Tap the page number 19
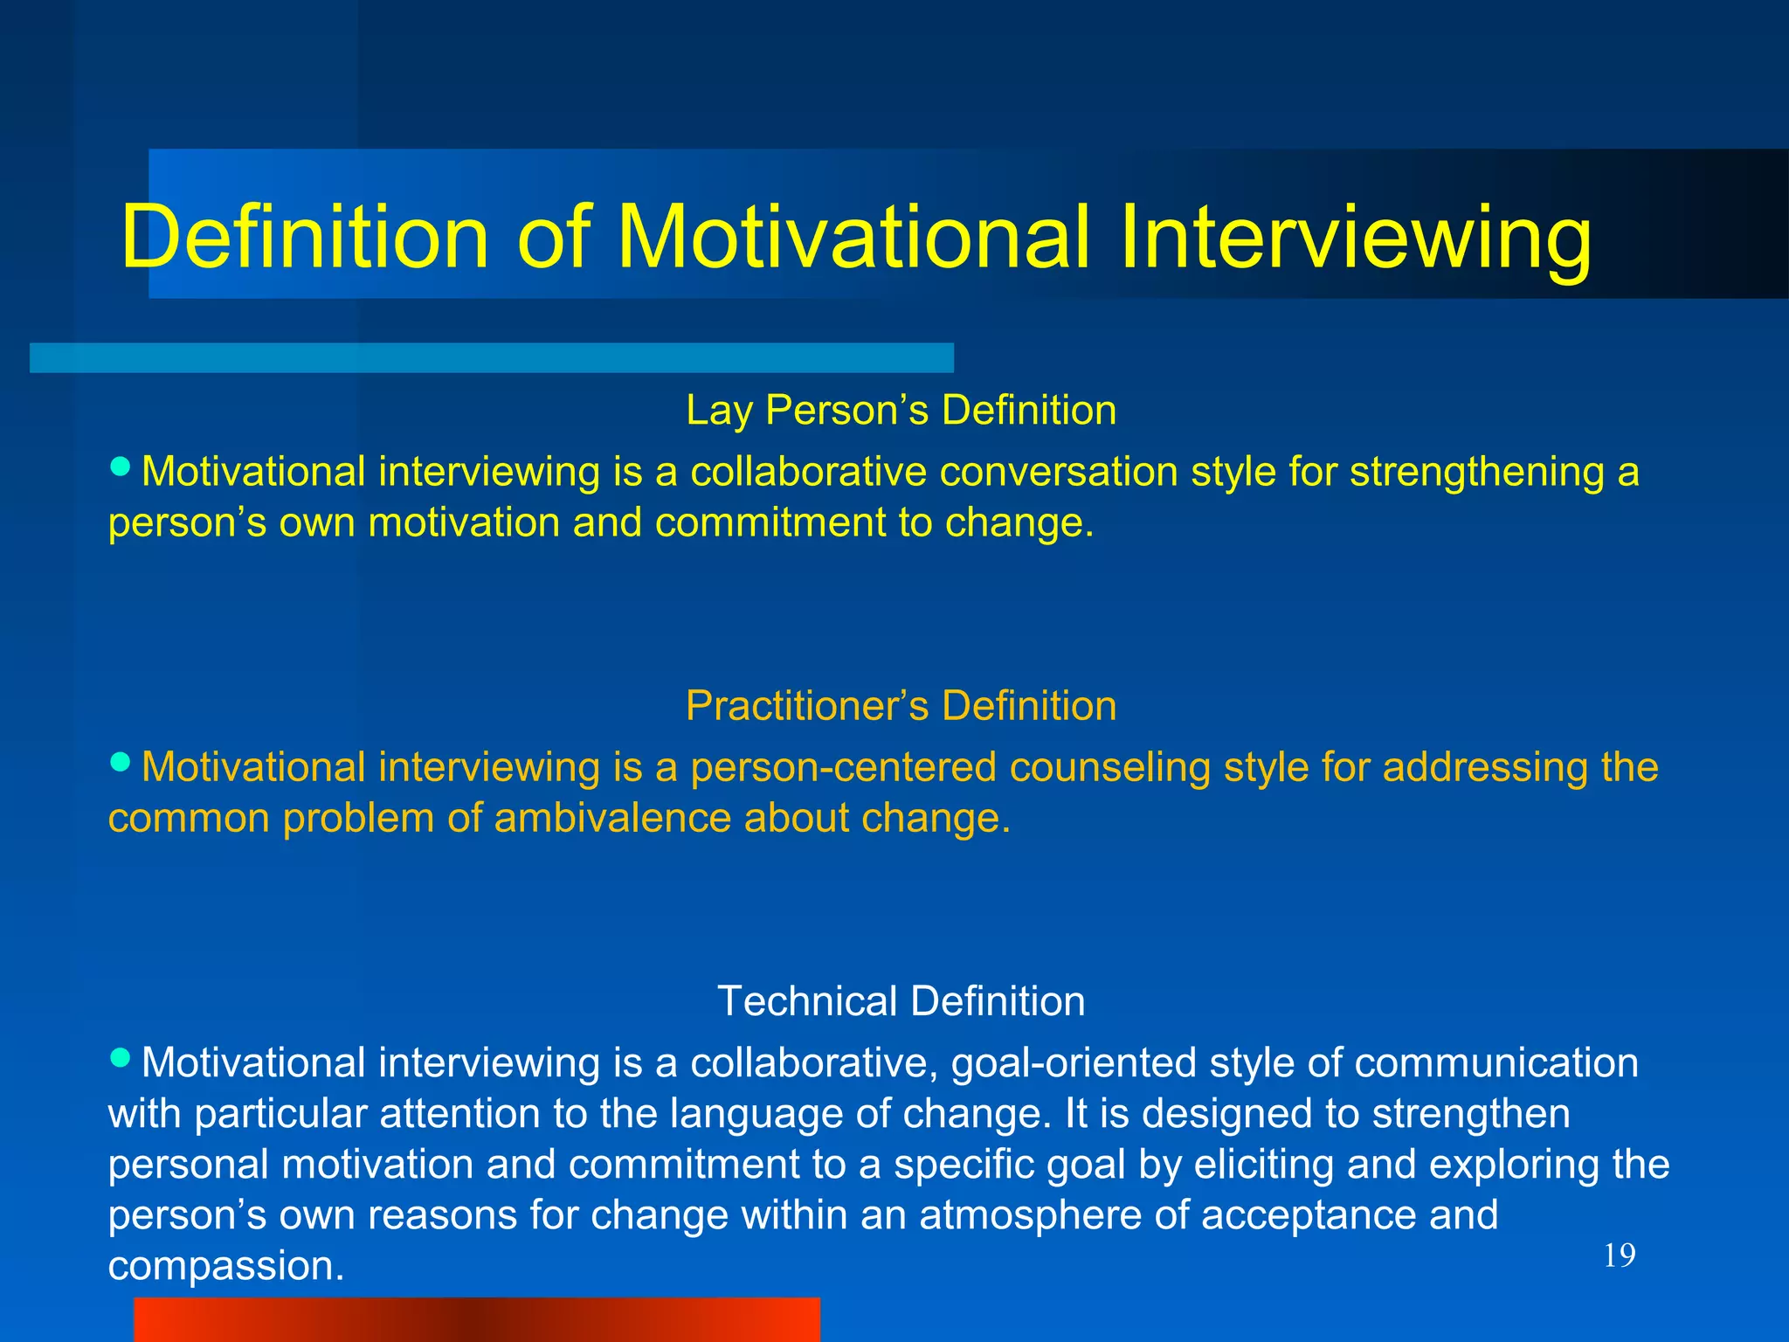click(1619, 1256)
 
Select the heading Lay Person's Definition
click(901, 410)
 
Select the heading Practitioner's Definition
click(901, 705)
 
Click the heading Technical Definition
click(901, 1000)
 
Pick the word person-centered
click(843, 767)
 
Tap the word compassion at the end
click(225, 1267)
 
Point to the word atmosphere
click(1029, 1215)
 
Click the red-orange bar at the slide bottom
click(477, 1319)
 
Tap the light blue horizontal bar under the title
click(491, 357)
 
